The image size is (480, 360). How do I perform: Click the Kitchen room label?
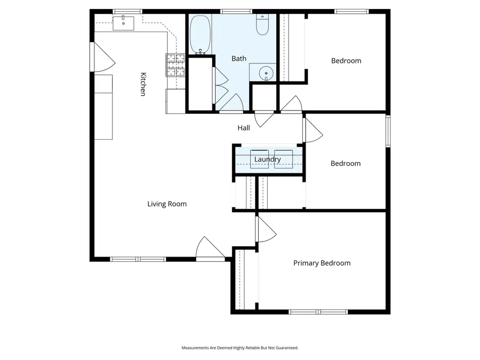[143, 84]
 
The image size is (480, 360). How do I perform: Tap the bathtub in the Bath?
[201, 35]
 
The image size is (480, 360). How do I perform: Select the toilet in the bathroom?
[262, 25]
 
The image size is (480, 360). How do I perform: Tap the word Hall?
[243, 128]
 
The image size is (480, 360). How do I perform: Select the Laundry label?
[267, 159]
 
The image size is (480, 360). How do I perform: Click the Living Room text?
[167, 204]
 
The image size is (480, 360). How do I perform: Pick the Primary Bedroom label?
[322, 263]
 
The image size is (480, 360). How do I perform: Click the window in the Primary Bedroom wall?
[318, 311]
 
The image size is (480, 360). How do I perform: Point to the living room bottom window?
[138, 259]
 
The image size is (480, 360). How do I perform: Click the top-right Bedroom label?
[346, 61]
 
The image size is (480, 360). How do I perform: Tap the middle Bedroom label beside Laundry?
[346, 164]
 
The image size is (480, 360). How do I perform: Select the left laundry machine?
[259, 159]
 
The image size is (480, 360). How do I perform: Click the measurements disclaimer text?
[240, 348]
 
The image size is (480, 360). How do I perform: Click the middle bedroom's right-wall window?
[388, 131]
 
